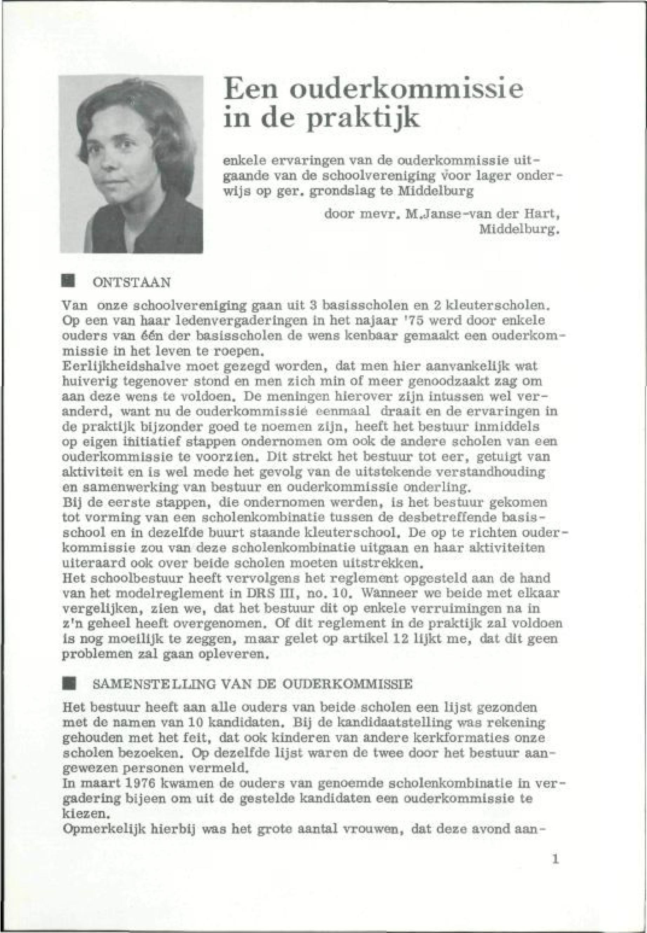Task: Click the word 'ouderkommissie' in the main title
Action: click(400, 90)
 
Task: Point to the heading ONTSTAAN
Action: click(132, 282)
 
